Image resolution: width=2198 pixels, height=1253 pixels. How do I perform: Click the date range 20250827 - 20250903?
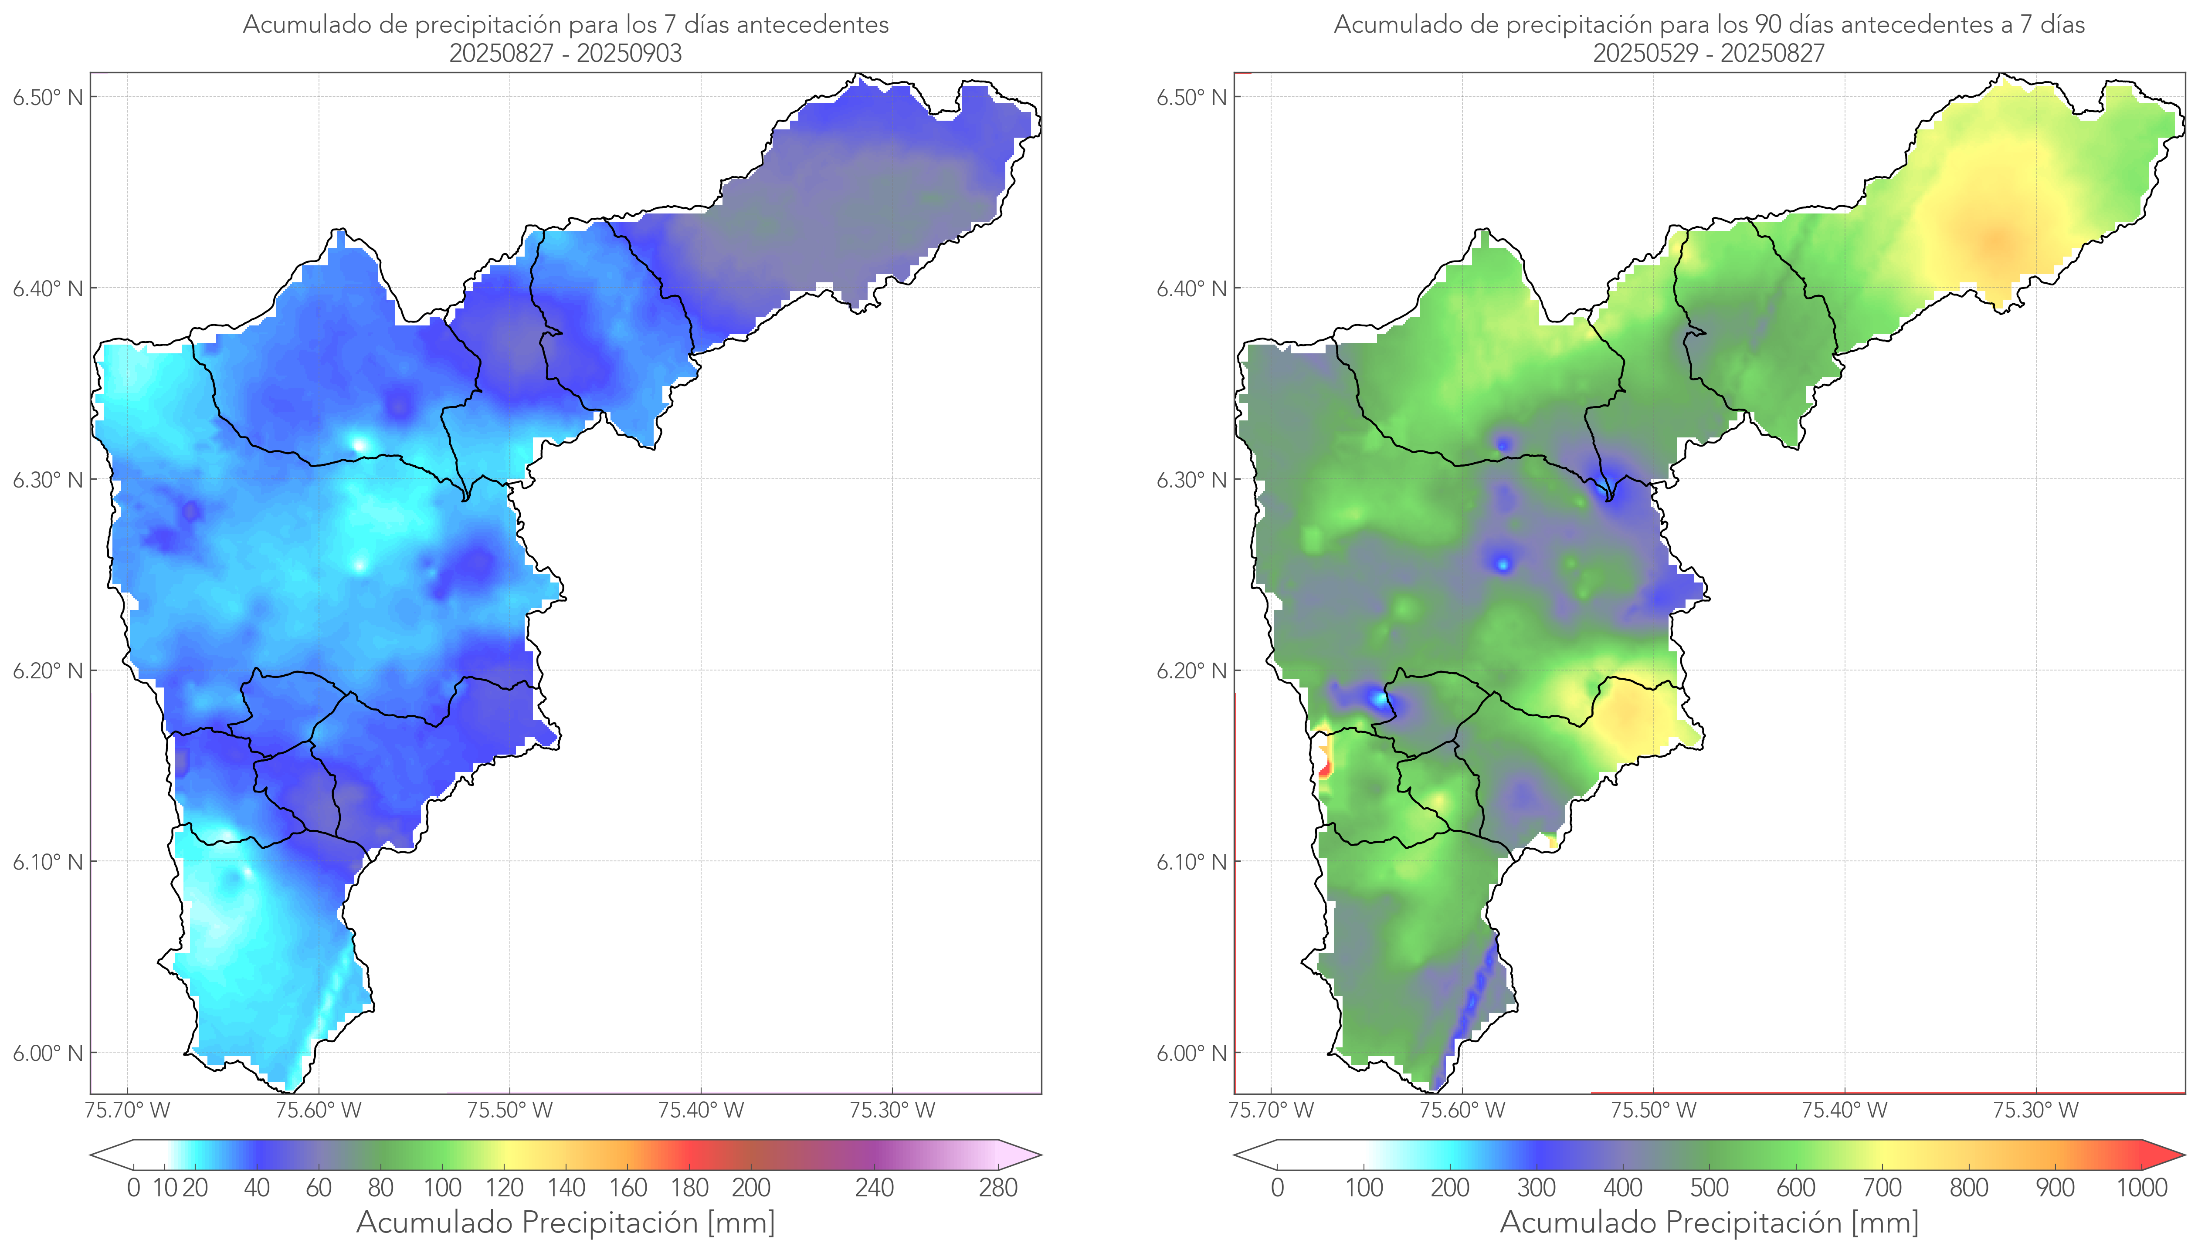[x=566, y=53]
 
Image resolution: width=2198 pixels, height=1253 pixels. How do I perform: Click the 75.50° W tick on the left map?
[x=509, y=1110]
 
